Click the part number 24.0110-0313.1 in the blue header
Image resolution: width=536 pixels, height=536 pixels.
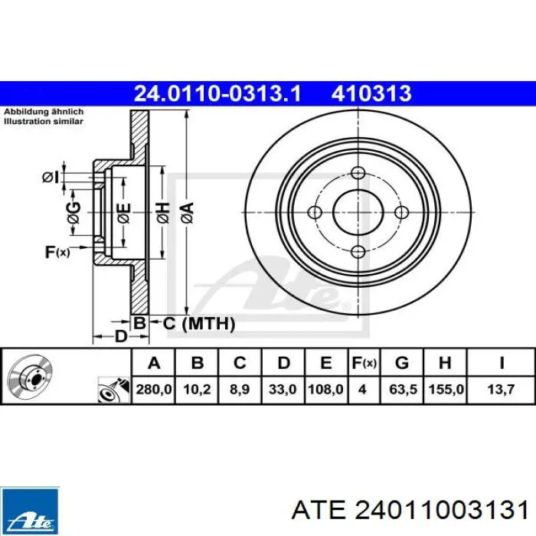(217, 94)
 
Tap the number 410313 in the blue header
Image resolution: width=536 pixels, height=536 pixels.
(371, 94)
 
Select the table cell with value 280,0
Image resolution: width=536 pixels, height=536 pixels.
(153, 390)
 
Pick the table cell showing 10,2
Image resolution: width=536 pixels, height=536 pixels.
(197, 390)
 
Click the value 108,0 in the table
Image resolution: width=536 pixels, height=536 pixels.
(325, 390)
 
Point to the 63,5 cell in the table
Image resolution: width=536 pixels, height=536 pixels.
(402, 390)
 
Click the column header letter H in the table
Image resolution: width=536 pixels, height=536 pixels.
(445, 362)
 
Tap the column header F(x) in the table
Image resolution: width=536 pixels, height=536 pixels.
(363, 362)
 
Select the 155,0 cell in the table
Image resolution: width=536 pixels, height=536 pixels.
(445, 390)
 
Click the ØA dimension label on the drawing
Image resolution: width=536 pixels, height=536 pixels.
(186, 211)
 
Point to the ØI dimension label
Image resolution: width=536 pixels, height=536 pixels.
(50, 177)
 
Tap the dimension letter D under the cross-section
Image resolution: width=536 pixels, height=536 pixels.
(119, 336)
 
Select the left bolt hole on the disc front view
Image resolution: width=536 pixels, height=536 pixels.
(315, 212)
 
